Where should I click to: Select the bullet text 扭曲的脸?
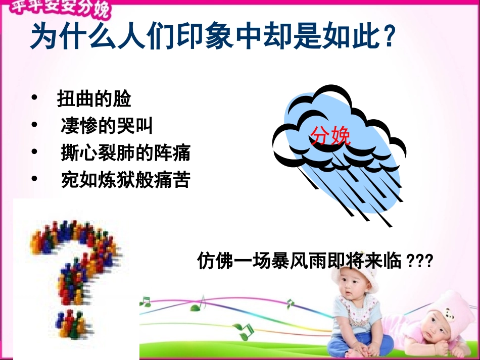pyautogui.click(x=94, y=99)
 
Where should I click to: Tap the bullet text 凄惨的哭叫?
pyautogui.click(x=107, y=126)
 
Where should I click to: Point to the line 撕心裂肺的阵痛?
pyautogui.click(x=125, y=153)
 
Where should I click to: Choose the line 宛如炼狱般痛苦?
pyautogui.click(x=125, y=180)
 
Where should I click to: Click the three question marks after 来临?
pyautogui.click(x=419, y=262)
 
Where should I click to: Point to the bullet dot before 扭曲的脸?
pyautogui.click(x=34, y=97)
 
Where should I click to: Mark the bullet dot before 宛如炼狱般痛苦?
pyautogui.click(x=34, y=178)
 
